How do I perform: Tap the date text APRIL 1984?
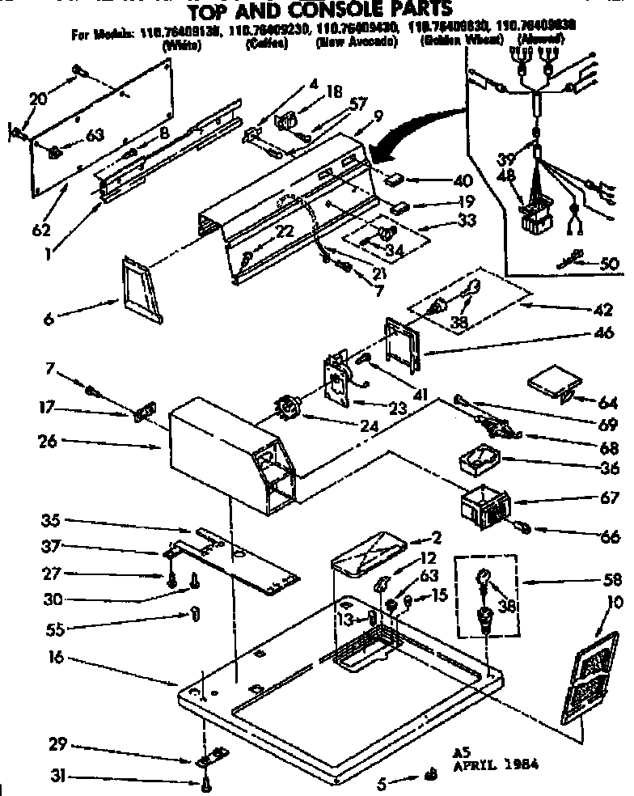(499, 763)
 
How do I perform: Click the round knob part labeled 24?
(290, 402)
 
